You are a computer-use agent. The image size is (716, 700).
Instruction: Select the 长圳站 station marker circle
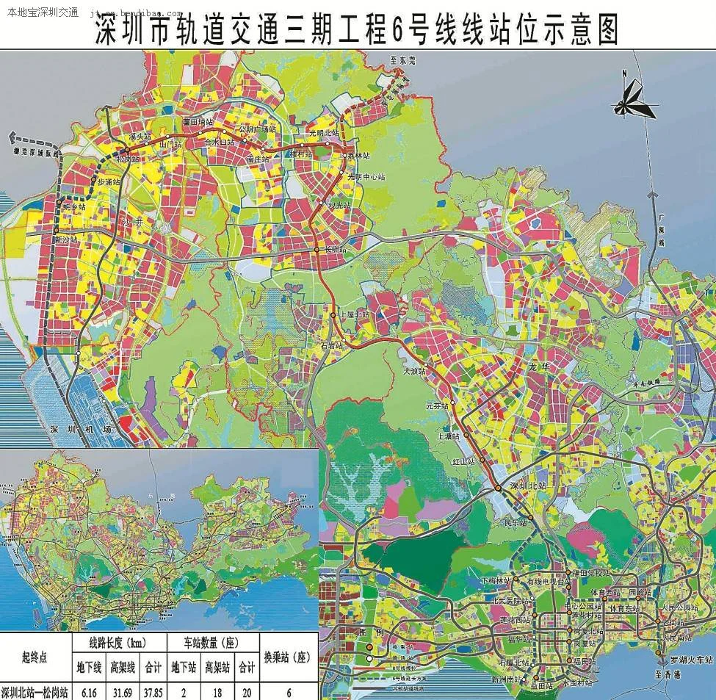[x=317, y=250]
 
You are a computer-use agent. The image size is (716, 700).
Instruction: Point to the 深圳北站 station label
[x=531, y=486]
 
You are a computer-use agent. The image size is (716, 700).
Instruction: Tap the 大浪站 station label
[x=415, y=373]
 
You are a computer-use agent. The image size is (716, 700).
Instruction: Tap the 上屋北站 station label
[x=356, y=314]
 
